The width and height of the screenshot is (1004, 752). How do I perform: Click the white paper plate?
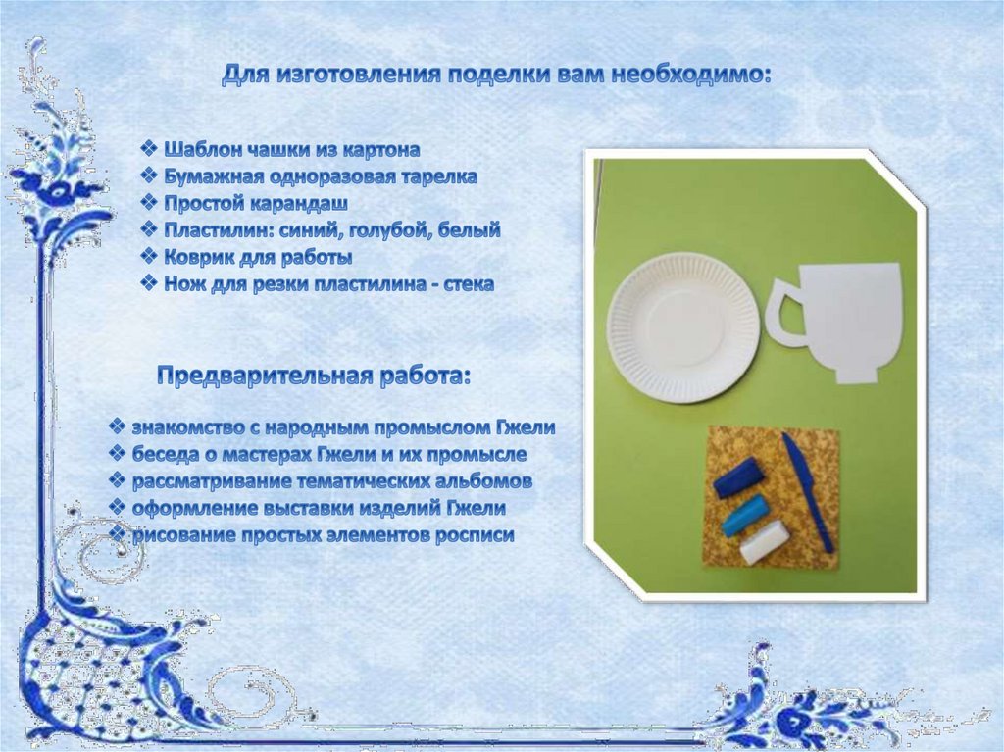[x=683, y=328]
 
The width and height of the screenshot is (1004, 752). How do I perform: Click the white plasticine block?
[x=764, y=542]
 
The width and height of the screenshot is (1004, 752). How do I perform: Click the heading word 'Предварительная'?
[x=265, y=376]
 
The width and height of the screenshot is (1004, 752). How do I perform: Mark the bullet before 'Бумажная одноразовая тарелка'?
[x=149, y=176]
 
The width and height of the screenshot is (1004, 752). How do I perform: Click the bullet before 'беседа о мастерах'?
[x=118, y=454]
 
